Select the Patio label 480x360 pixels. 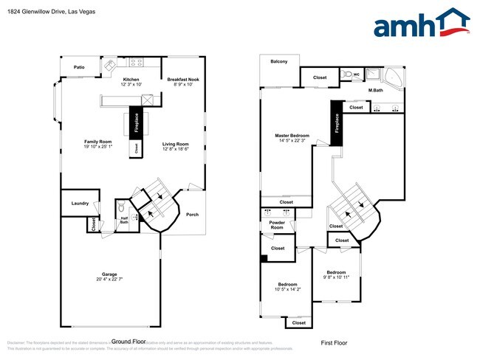[x=78, y=67]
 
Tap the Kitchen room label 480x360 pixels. [x=131, y=79]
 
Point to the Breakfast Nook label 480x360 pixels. [x=183, y=79]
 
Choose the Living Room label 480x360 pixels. [x=176, y=144]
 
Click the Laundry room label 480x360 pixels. [x=80, y=204]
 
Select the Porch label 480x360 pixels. [x=192, y=215]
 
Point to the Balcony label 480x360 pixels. [x=279, y=61]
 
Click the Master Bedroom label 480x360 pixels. [x=292, y=136]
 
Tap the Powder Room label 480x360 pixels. [x=277, y=225]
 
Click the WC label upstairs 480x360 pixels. [x=355, y=75]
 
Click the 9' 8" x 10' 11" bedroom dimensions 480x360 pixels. [x=337, y=277]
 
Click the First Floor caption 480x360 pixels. [x=333, y=343]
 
